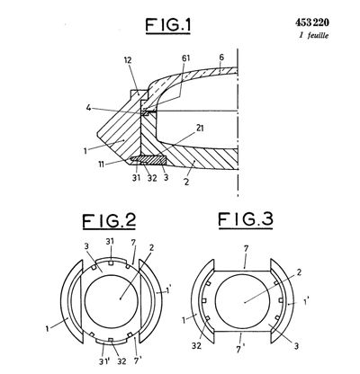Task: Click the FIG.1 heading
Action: (x=168, y=25)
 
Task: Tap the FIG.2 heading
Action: (x=109, y=220)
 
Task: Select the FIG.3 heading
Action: (x=246, y=219)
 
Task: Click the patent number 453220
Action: (x=312, y=22)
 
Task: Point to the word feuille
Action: (x=318, y=35)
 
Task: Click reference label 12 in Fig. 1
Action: (x=128, y=60)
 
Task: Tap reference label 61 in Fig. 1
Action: (x=186, y=58)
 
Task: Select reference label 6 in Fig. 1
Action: (x=221, y=58)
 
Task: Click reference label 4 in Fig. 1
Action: (x=88, y=108)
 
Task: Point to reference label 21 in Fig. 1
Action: (x=200, y=129)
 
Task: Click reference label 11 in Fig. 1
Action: (x=102, y=164)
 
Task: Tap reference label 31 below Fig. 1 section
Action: (x=136, y=178)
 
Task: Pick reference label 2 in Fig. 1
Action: (x=186, y=182)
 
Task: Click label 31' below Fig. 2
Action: (x=104, y=361)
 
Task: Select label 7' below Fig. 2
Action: (x=138, y=361)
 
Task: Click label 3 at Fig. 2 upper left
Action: (x=86, y=246)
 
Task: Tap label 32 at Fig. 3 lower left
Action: (x=196, y=345)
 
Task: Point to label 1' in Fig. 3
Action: (x=306, y=301)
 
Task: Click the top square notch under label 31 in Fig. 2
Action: (x=111, y=263)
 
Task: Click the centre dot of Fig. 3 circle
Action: (x=245, y=302)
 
